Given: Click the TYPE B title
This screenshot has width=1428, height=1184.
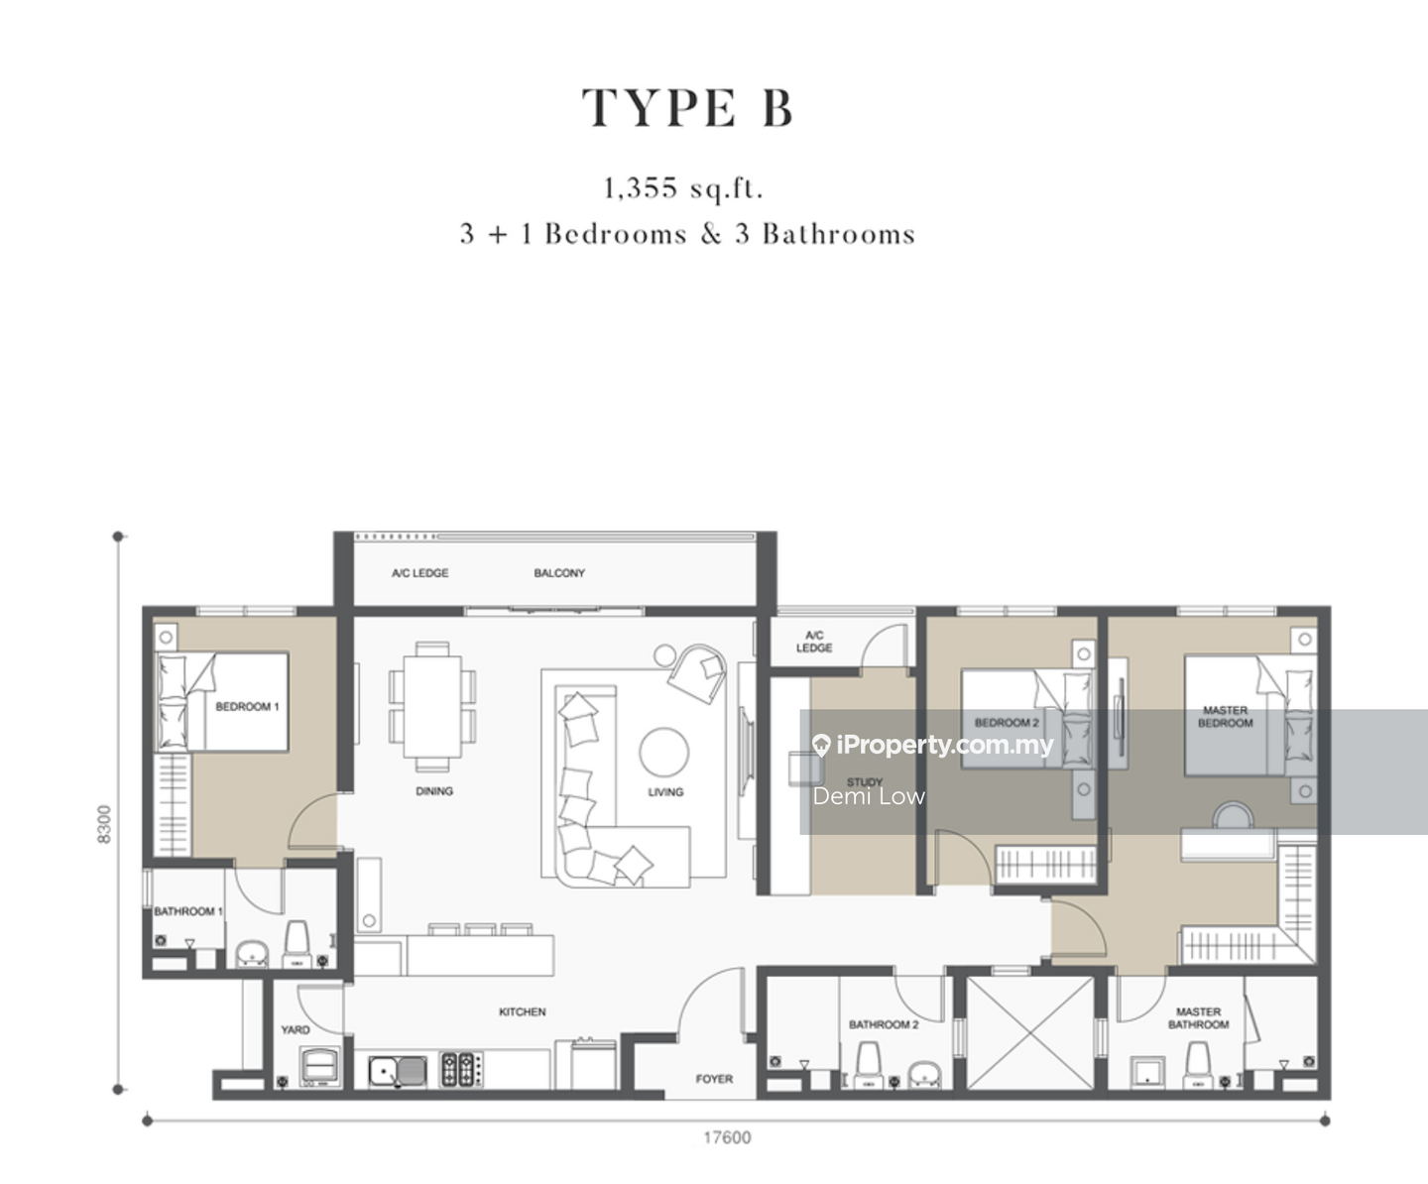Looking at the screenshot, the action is click(687, 108).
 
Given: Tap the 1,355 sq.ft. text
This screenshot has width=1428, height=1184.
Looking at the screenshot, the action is click(682, 188).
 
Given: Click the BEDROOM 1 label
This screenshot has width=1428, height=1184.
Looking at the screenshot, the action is click(247, 707).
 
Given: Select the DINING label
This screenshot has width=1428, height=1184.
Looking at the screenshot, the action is click(434, 791).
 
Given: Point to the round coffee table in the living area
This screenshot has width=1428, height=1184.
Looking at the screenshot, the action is click(663, 752).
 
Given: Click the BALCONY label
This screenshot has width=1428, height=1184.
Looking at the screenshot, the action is click(559, 573).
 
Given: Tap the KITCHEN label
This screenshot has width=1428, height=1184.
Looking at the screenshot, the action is click(523, 1011).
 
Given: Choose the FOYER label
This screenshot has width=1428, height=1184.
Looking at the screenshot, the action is click(714, 1079).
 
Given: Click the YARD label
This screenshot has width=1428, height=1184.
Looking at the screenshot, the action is click(296, 1029).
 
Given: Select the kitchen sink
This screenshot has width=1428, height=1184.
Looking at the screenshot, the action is click(398, 1071).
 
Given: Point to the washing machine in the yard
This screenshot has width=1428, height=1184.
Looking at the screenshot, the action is click(320, 1066).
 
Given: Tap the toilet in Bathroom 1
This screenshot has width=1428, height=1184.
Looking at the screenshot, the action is click(297, 943).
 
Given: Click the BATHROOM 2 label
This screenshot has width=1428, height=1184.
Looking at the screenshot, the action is click(884, 1024).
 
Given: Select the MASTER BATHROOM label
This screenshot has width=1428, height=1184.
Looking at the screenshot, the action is click(1198, 1017).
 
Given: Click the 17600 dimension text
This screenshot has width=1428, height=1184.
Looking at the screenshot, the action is click(727, 1137).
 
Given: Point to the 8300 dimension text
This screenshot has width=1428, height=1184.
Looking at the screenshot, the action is click(104, 824).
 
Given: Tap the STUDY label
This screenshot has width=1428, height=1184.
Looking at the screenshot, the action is click(865, 781).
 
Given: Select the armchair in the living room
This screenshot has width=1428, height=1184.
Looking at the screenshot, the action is click(697, 673).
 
